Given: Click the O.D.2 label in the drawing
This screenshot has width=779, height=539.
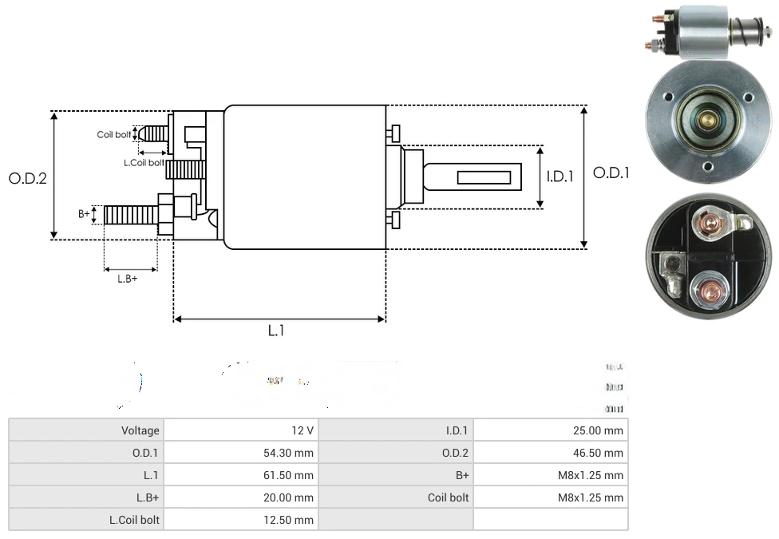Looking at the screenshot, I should [28, 179].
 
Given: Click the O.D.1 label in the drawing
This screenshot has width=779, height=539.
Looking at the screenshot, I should [611, 172].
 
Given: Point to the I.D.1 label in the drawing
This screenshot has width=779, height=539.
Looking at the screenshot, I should [560, 177].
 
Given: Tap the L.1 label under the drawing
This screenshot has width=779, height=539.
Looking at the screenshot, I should [275, 330].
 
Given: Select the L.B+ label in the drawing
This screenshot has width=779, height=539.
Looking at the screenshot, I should [128, 279].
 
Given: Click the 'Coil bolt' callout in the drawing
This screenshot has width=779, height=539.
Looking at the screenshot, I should [113, 135].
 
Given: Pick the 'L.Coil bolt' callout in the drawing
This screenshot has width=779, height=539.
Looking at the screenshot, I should [144, 163].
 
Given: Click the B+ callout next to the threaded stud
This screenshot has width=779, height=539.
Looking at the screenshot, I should [84, 214].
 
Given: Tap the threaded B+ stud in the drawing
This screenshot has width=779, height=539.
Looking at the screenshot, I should [129, 215].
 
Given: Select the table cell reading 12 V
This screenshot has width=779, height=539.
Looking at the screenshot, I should [303, 430].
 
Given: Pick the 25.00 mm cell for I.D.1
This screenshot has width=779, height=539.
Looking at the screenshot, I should [598, 430].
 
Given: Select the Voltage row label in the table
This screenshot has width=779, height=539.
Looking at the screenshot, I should [140, 430].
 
